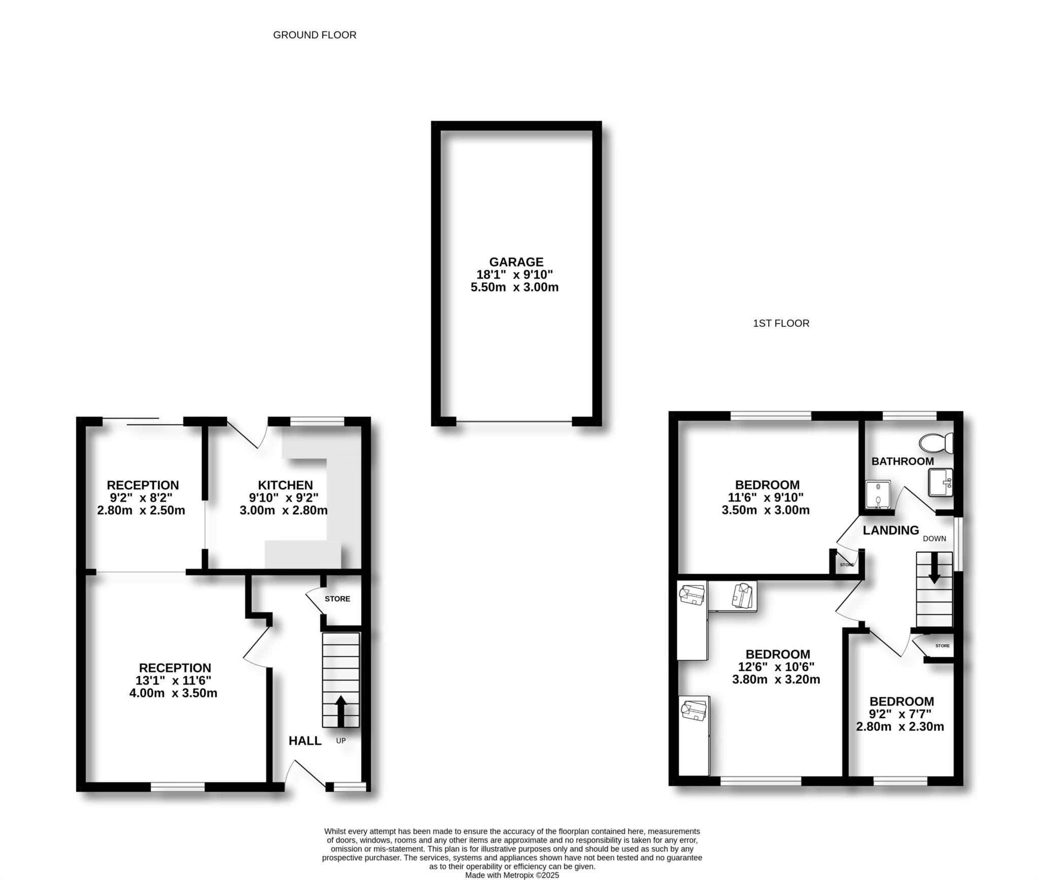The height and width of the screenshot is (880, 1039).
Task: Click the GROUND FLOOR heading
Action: click(315, 35)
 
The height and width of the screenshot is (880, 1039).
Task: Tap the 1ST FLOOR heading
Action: click(781, 323)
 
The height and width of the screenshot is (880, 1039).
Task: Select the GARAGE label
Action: click(516, 262)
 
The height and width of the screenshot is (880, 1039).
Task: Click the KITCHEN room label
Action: click(285, 485)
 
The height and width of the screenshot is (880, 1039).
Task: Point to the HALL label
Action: click(305, 741)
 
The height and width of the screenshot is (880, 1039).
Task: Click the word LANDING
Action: click(891, 530)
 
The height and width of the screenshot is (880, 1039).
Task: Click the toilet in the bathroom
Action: click(937, 443)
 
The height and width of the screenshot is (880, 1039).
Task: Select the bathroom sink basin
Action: click(940, 482)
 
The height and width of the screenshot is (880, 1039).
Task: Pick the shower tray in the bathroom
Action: click(878, 494)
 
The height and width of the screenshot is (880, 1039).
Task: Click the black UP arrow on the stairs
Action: click(340, 711)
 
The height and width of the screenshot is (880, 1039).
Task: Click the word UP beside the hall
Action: click(341, 741)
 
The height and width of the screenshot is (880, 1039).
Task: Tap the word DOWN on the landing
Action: click(934, 538)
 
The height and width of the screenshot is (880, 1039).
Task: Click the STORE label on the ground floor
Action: click(337, 599)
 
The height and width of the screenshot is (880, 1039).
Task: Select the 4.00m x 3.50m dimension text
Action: click(173, 693)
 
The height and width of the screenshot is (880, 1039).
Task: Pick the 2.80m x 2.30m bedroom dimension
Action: click(900, 727)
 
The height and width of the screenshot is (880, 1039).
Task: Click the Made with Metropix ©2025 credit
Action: click(512, 875)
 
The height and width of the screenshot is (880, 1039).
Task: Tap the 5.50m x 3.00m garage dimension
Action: click(514, 287)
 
